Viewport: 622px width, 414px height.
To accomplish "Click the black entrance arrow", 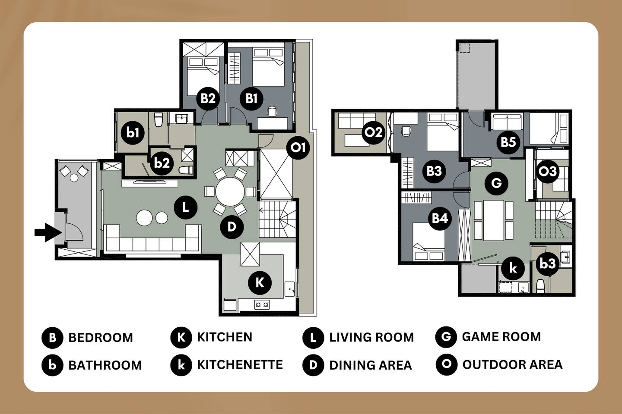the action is (48, 232).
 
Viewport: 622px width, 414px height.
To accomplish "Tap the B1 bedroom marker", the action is (251, 98).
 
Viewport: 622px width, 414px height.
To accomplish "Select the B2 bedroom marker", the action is (208, 98).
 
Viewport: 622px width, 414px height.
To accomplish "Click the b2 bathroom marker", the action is (162, 163).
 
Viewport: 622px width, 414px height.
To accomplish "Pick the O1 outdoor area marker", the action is (298, 147).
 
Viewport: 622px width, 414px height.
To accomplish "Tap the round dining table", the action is (230, 191).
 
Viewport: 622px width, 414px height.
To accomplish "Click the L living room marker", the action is (185, 207).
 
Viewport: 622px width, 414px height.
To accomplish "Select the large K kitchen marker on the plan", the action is (260, 283).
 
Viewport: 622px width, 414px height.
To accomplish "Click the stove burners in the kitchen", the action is (262, 305).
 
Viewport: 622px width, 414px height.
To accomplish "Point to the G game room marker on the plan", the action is (496, 183).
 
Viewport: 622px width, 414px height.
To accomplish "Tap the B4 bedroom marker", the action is (440, 218).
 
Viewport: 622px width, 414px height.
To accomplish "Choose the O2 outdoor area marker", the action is (374, 132).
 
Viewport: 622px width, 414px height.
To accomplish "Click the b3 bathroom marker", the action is (548, 263).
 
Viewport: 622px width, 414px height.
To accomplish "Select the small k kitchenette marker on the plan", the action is (513, 268).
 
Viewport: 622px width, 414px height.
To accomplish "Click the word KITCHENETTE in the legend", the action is (240, 365).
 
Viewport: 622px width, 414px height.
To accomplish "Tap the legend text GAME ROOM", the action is (501, 337).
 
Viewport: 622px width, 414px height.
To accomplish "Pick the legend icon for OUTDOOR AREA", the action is (447, 365).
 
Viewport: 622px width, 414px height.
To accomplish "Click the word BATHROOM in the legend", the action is (105, 365).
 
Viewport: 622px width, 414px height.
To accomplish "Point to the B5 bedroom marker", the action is (508, 142).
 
